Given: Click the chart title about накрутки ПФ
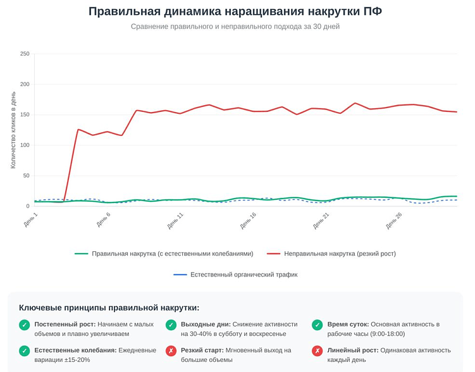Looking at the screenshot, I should click(x=235, y=11).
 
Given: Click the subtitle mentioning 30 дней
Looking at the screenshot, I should click(x=235, y=27).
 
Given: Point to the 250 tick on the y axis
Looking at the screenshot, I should click(x=25, y=54).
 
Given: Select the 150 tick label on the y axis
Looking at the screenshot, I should click(x=25, y=115).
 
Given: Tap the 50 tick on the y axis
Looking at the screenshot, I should click(x=27, y=176).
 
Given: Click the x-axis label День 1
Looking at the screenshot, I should click(x=31, y=220).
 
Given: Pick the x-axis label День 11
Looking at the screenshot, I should click(x=175, y=220).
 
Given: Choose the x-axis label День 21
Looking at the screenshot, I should click(x=321, y=220).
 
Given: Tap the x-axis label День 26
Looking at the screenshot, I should click(x=393, y=220).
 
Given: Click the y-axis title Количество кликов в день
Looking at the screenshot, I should click(x=13, y=130).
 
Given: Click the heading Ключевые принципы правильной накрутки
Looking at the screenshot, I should click(x=109, y=307).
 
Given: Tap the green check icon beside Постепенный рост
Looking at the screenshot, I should click(x=24, y=325).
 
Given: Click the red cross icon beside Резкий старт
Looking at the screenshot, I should click(x=171, y=351).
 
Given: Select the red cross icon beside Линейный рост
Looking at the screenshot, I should click(x=318, y=351).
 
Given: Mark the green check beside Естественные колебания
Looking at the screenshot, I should click(x=24, y=351).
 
